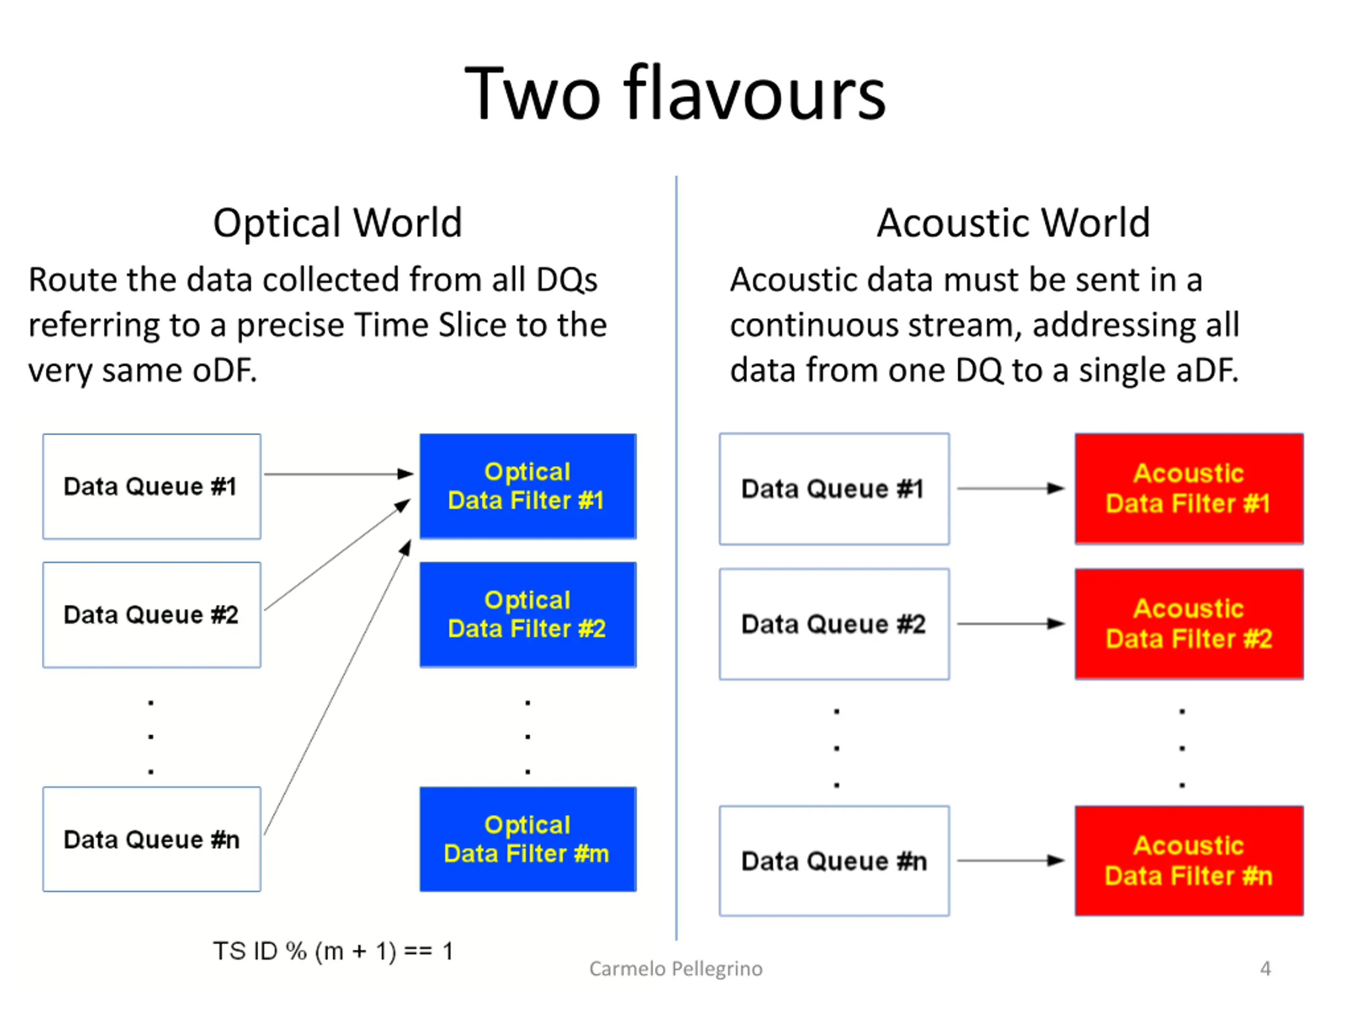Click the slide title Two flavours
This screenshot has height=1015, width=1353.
[675, 93]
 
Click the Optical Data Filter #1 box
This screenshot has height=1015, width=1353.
[528, 486]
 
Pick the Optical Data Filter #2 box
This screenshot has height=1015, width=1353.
[528, 614]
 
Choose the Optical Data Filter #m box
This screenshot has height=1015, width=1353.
[528, 839]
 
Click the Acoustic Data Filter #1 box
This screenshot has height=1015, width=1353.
[1189, 489]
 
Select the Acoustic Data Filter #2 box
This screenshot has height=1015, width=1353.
[1189, 624]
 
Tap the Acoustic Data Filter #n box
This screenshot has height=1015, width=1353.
[1189, 861]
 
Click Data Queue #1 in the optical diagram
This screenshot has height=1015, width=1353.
[152, 486]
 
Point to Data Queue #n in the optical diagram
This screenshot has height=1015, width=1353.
[152, 839]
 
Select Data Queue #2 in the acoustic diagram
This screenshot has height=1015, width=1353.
[835, 624]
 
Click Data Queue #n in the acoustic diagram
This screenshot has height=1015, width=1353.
[835, 861]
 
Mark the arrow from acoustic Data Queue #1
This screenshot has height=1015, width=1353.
[1011, 488]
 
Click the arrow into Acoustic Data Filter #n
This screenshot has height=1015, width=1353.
[1011, 861]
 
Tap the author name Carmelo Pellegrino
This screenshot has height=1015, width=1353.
[676, 968]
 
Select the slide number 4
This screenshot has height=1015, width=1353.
[1266, 968]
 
